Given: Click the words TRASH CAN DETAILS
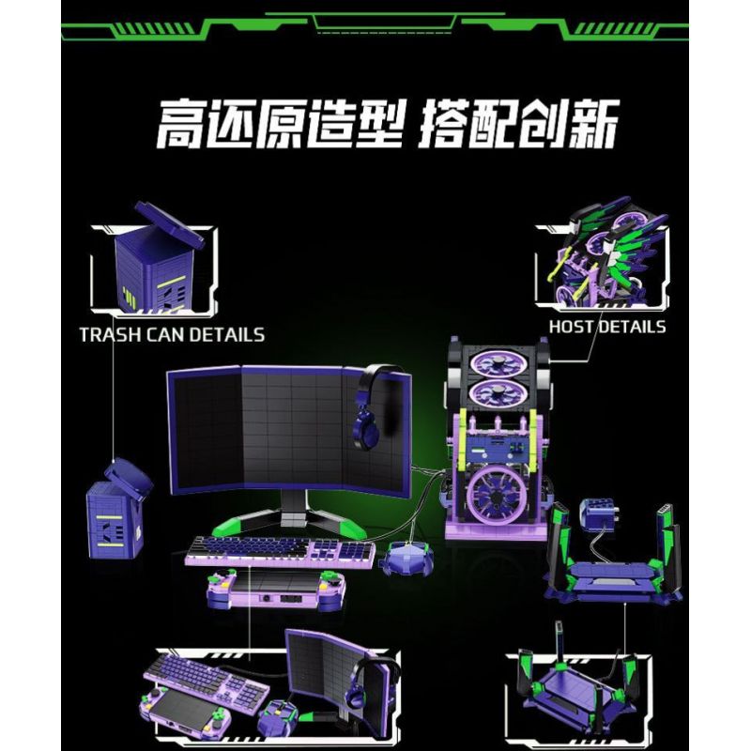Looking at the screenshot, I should [172, 334].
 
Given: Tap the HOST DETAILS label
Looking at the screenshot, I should [607, 327].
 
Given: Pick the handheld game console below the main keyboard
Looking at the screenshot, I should [275, 592].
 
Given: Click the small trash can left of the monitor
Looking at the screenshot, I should [116, 512].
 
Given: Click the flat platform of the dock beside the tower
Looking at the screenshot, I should [610, 575].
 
